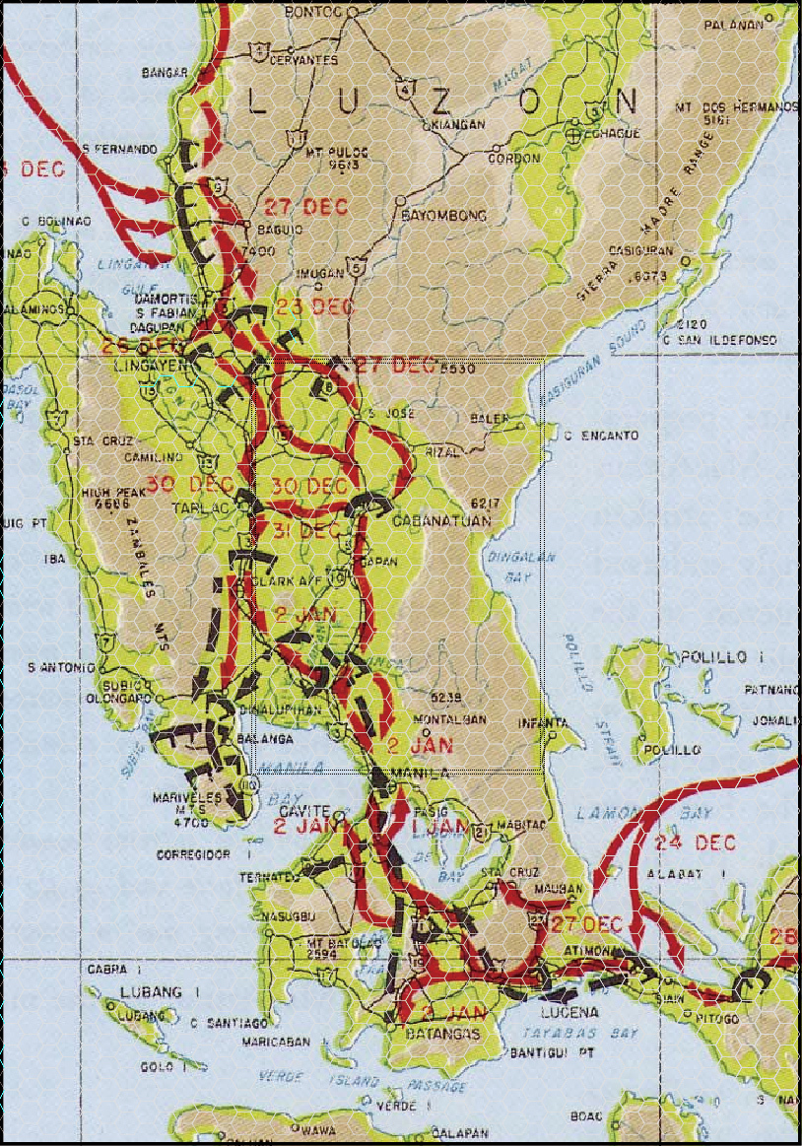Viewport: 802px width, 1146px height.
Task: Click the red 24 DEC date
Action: coord(702,843)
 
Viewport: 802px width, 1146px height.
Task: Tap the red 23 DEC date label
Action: coord(315,306)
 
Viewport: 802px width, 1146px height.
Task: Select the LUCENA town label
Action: coord(570,1012)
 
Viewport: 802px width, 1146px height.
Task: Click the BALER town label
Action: coord(491,419)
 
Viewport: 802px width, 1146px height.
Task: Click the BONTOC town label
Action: coord(311,11)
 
